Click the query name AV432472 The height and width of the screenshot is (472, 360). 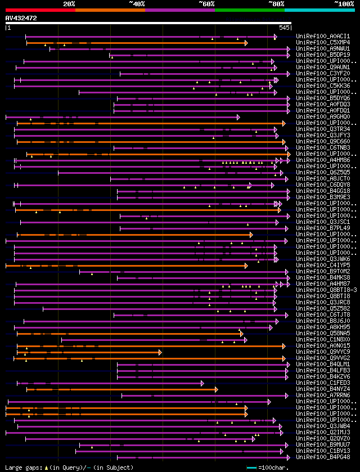click(21, 18)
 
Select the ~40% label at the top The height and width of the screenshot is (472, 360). click(137, 4)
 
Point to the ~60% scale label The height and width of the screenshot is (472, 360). click(206, 4)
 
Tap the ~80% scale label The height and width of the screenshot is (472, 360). click(276, 4)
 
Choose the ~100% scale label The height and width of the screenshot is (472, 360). click(344, 4)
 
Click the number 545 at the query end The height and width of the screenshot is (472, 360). click(285, 27)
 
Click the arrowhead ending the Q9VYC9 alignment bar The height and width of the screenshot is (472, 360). click(160, 352)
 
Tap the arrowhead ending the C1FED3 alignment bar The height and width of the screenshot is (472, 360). click(202, 383)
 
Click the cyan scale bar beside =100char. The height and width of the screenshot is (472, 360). click(251, 467)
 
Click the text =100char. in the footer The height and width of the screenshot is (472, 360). click(272, 467)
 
